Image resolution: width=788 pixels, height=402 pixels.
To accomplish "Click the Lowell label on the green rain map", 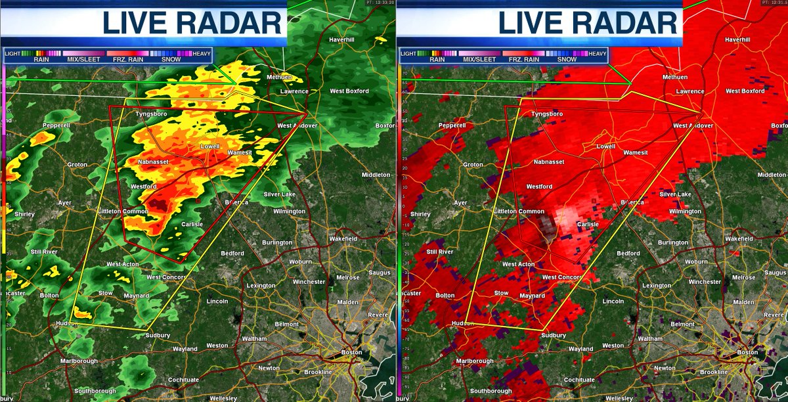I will pos(210,146).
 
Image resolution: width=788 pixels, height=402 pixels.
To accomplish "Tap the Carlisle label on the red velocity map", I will pos(588,224).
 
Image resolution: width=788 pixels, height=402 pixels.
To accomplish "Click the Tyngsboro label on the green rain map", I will pos(151,114).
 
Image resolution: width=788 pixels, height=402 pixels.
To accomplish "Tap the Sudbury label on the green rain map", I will pos(158,336).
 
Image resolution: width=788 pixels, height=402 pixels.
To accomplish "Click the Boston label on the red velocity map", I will pos(747,353).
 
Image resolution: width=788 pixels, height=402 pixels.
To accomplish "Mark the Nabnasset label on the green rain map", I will pos(155,161).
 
